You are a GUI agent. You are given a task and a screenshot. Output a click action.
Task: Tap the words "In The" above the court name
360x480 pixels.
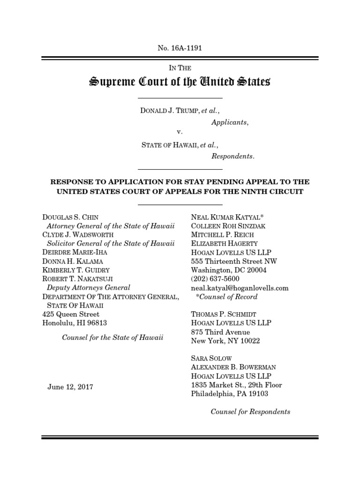pyautogui.click(x=180, y=68)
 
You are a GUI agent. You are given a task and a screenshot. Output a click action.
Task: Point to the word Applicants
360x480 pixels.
pyautogui.click(x=229, y=122)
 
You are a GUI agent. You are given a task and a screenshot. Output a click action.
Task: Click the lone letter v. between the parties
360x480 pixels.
pyautogui.click(x=180, y=133)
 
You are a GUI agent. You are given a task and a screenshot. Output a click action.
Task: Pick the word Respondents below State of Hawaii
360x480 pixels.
pyautogui.click(x=232, y=156)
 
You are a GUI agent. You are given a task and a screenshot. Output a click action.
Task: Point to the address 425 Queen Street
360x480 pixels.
pyautogui.click(x=71, y=314)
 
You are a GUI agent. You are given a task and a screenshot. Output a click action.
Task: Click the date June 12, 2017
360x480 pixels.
pyautogui.click(x=70, y=387)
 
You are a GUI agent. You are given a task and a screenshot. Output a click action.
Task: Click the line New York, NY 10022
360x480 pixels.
pyautogui.click(x=225, y=341)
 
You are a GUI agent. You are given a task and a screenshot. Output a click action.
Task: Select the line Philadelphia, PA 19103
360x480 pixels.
pyautogui.click(x=230, y=394)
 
